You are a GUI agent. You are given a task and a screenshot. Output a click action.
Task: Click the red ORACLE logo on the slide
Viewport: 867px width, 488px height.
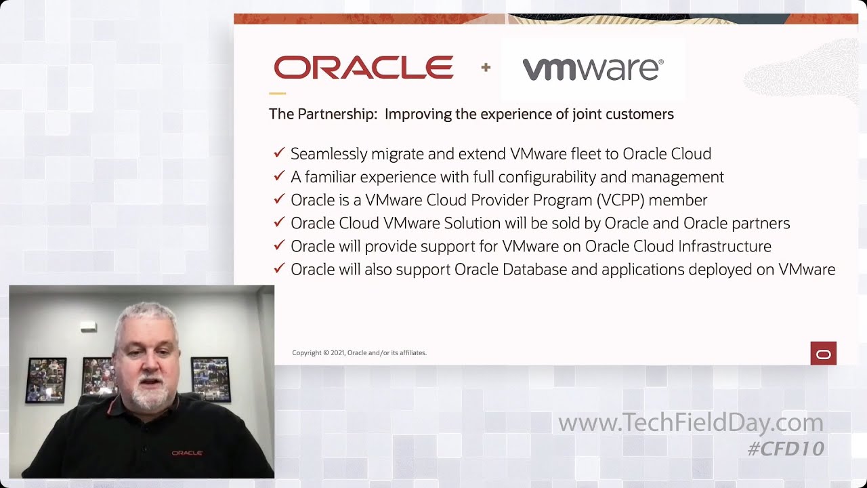[364, 68]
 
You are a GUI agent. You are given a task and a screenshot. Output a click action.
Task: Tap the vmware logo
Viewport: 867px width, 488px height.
[593, 69]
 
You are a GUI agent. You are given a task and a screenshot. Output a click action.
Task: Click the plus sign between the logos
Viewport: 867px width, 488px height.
[486, 67]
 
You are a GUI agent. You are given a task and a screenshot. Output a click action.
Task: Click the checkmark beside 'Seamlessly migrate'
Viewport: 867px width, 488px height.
[278, 153]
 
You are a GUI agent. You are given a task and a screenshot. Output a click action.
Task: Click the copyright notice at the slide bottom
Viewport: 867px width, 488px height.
[359, 352]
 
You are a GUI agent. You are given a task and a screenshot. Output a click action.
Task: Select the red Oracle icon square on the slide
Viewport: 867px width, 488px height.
[823, 354]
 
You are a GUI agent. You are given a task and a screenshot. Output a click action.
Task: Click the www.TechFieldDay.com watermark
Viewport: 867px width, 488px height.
[690, 423]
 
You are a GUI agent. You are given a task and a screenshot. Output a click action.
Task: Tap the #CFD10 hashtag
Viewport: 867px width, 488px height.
[786, 448]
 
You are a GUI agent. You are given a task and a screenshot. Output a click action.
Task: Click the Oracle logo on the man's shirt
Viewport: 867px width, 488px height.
[187, 453]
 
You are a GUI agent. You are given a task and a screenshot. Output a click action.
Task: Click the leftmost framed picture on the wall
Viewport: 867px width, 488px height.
[46, 380]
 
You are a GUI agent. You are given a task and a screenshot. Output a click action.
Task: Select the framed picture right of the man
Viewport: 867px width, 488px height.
[211, 378]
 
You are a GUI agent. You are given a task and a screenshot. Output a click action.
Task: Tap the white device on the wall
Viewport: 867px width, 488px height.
[89, 327]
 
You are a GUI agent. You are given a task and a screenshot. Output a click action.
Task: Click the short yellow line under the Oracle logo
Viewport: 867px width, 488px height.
[277, 94]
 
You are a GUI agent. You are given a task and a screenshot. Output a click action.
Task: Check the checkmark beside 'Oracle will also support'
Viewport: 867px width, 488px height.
[278, 268]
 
